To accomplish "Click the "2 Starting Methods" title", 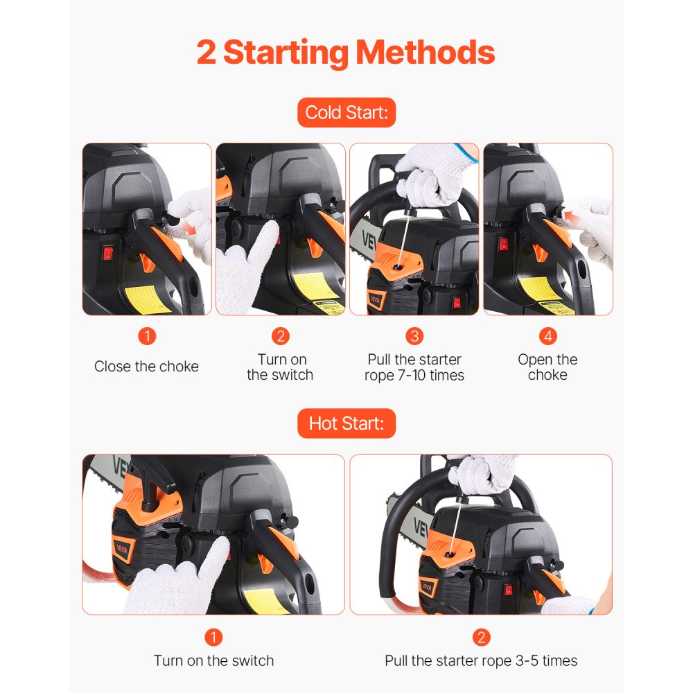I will click(346, 53).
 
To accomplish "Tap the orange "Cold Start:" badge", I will click(346, 113).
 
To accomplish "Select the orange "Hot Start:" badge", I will click(346, 423).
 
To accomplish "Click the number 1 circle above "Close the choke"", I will click(146, 337).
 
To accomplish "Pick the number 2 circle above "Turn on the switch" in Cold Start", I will click(280, 337).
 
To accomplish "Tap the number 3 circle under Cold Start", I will click(414, 337).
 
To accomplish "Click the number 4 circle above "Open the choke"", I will click(547, 337).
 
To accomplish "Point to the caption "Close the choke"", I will click(146, 367).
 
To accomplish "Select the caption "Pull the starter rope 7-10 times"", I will click(414, 367).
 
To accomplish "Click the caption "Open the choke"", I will click(547, 367).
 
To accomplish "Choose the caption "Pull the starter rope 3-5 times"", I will click(481, 660).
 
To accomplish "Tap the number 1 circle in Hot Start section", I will click(213, 637).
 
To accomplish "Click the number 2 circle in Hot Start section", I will click(481, 637).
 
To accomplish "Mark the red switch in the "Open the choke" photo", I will click(504, 245).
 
